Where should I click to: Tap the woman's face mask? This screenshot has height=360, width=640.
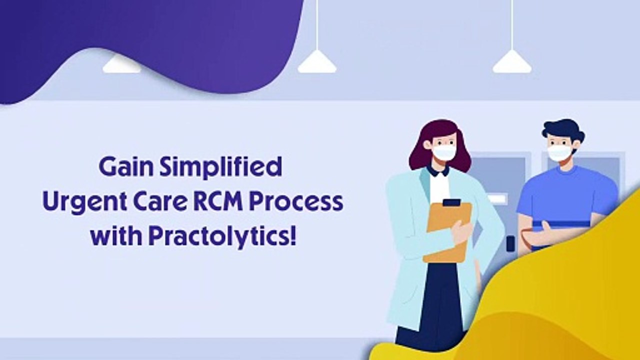443,152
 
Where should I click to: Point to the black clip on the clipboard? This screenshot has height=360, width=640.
451,202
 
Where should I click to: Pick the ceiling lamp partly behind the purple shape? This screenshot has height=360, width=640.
121,65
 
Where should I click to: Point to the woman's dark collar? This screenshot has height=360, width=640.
437,171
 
